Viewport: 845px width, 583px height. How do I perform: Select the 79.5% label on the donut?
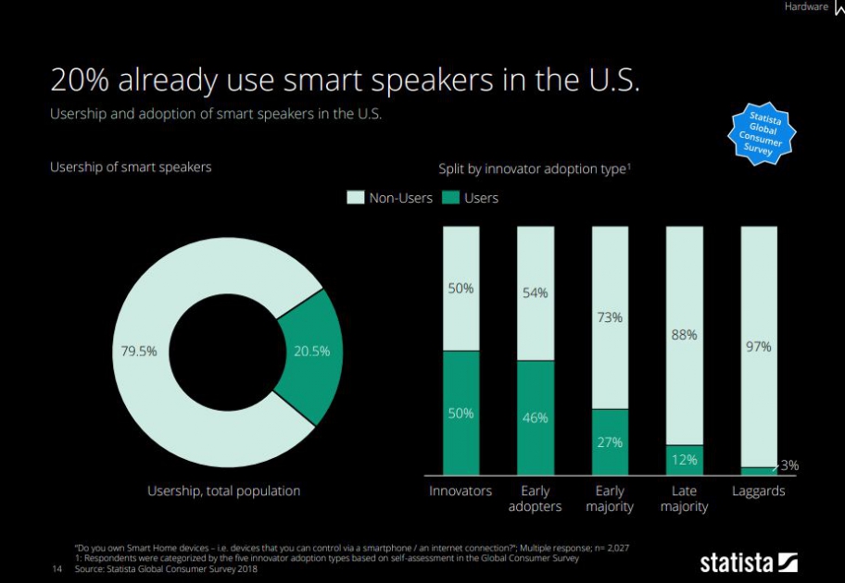click(139, 351)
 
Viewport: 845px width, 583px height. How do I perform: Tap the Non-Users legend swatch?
click(356, 197)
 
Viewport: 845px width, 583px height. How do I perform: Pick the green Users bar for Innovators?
click(460, 413)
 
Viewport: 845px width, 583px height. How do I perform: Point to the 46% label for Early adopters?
click(535, 417)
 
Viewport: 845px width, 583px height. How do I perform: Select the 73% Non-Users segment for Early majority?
click(609, 317)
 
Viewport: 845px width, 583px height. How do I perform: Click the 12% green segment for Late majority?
click(684, 459)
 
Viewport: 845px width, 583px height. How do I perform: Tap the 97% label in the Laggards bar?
click(758, 347)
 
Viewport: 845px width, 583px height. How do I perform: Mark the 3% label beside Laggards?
click(788, 465)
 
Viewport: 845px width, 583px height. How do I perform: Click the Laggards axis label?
click(758, 490)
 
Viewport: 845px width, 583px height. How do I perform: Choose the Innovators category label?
click(460, 490)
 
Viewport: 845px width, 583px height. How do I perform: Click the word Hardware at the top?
click(806, 7)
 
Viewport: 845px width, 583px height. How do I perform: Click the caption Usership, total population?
click(223, 490)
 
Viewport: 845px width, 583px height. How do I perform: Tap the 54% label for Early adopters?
click(535, 292)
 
